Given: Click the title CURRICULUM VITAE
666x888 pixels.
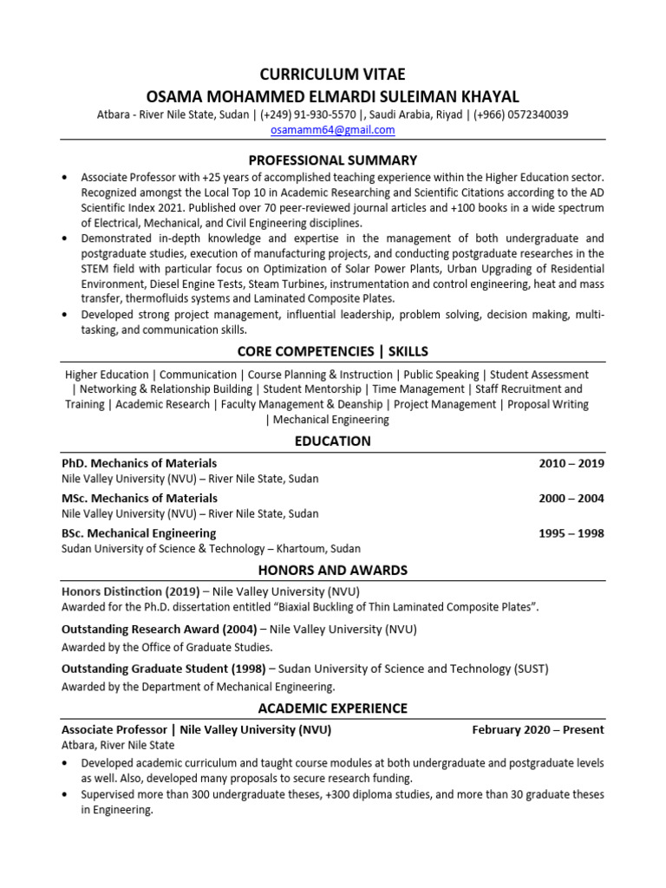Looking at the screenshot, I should pos(333,74).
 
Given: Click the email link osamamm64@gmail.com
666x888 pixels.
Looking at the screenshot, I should pos(333,130).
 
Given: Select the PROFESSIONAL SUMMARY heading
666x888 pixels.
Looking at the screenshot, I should pos(333,160).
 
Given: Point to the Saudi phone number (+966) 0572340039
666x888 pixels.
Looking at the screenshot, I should pos(521,114).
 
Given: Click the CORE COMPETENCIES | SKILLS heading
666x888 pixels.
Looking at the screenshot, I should pos(333,351).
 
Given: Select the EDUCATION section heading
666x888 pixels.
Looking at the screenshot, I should pos(333,441).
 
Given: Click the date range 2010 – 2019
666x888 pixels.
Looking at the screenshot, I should pos(571,463).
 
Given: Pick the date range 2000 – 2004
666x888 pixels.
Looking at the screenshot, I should pos(571,498).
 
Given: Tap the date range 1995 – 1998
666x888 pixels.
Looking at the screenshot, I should pos(571,533).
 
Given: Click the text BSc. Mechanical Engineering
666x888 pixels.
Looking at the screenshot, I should pos(139,533).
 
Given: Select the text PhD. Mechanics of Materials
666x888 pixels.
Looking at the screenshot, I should pos(139,463).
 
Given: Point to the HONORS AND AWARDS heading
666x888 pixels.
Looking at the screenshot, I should pos(333,570).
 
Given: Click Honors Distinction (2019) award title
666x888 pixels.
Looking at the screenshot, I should pos(130,591).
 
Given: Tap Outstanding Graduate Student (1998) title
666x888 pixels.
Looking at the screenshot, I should pos(163,669).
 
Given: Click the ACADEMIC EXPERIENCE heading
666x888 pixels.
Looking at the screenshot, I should pos(333,708).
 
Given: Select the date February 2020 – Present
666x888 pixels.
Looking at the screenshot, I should pos(538,730).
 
